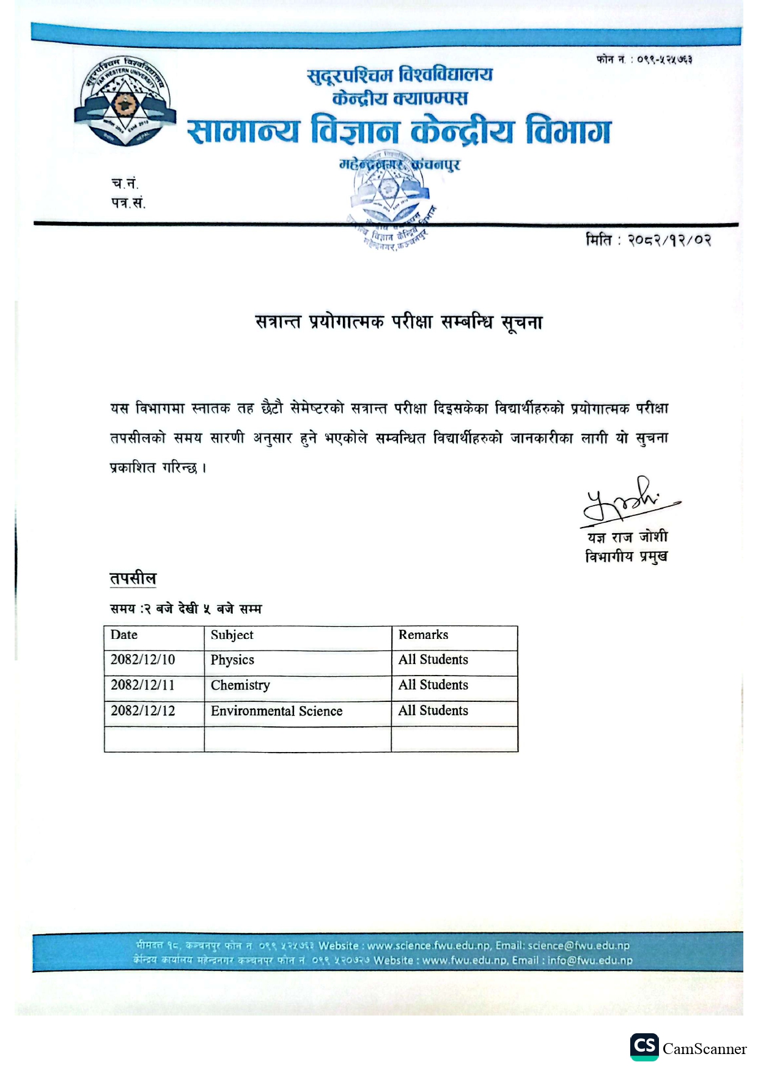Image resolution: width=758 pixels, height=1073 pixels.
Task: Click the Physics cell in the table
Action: click(232, 660)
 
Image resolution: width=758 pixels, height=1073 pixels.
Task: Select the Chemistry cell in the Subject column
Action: click(240, 685)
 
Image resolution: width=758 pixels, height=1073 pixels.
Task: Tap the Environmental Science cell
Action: click(276, 711)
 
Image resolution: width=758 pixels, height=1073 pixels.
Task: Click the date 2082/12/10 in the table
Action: click(142, 660)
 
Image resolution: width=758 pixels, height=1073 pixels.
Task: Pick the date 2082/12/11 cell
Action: click(142, 685)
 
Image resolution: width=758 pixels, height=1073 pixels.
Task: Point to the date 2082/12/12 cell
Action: click(142, 711)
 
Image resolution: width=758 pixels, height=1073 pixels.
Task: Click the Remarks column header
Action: click(423, 635)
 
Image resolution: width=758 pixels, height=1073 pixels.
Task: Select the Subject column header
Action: click(232, 635)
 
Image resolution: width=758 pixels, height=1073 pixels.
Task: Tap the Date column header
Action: click(124, 635)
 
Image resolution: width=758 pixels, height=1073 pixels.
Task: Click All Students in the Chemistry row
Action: click(433, 685)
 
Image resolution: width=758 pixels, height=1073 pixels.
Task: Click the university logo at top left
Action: click(125, 102)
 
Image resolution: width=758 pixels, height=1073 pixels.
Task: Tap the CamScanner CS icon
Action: click(644, 1047)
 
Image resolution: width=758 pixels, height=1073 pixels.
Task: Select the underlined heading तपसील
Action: click(133, 578)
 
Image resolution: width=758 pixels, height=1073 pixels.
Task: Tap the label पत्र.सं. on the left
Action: click(128, 202)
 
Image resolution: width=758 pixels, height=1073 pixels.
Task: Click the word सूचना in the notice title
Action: click(521, 322)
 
